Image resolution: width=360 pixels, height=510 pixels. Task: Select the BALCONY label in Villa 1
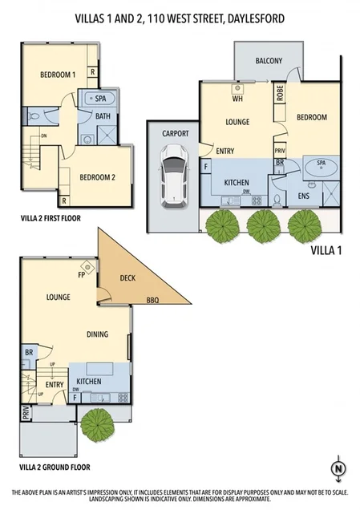(268, 61)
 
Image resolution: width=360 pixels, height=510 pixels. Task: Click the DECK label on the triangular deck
(127, 278)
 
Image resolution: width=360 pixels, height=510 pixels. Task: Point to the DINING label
(97, 334)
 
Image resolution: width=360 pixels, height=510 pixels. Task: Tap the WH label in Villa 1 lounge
(238, 99)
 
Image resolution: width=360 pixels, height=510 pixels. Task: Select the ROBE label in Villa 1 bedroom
(281, 91)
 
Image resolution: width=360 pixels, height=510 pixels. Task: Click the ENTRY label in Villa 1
(225, 150)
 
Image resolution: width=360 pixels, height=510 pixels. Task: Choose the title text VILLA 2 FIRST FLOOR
(51, 217)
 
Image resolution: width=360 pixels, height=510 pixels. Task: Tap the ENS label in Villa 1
(304, 195)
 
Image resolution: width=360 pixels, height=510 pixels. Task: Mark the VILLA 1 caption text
(326, 250)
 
